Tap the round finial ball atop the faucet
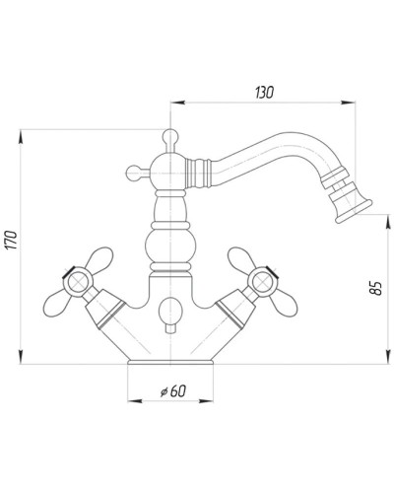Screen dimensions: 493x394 [169, 134]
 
